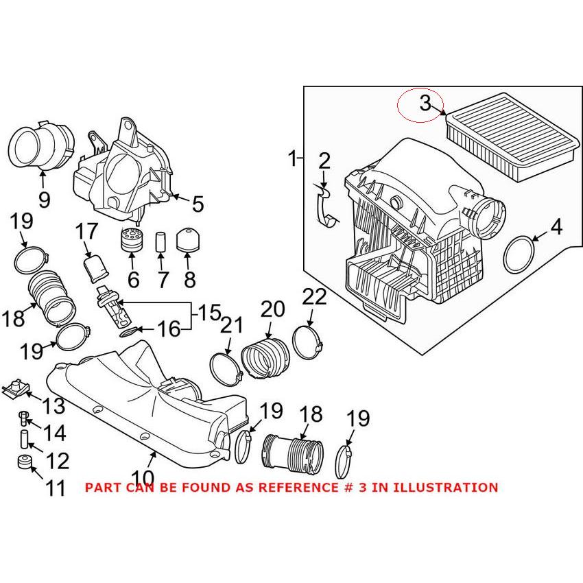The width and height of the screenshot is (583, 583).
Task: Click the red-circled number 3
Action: (425, 104)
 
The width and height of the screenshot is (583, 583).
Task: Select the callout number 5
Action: (198, 204)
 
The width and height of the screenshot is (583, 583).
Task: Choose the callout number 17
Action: (87, 230)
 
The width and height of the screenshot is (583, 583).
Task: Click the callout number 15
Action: (210, 314)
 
